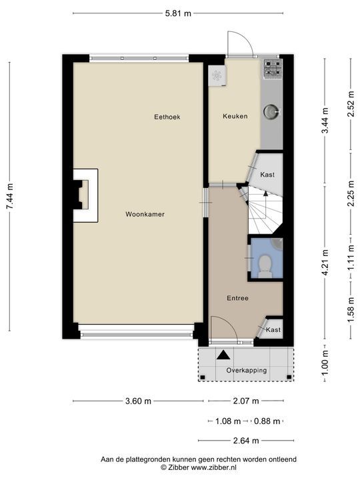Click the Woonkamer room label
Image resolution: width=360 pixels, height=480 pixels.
click(145, 214)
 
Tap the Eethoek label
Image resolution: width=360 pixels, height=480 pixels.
click(167, 117)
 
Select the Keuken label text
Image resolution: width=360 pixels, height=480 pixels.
click(235, 116)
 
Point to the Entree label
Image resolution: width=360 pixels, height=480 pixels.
click(237, 298)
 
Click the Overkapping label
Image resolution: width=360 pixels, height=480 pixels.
click(247, 371)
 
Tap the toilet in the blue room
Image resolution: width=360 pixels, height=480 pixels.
click(264, 266)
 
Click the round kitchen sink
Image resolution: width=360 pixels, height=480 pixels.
click(271, 112)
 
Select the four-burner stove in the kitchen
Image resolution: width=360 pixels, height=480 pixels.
click(273, 68)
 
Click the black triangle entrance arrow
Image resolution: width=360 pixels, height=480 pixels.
click(223, 355)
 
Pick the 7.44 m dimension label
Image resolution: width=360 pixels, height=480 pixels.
click(10, 197)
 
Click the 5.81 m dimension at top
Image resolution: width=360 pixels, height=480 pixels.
click(178, 13)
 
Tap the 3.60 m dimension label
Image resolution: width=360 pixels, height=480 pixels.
click(139, 401)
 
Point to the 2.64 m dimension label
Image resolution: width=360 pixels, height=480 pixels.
click(246, 441)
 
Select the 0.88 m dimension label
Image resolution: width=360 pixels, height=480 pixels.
click(267, 421)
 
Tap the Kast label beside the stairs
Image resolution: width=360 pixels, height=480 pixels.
click(267, 175)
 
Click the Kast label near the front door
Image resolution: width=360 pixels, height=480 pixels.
click(273, 330)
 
